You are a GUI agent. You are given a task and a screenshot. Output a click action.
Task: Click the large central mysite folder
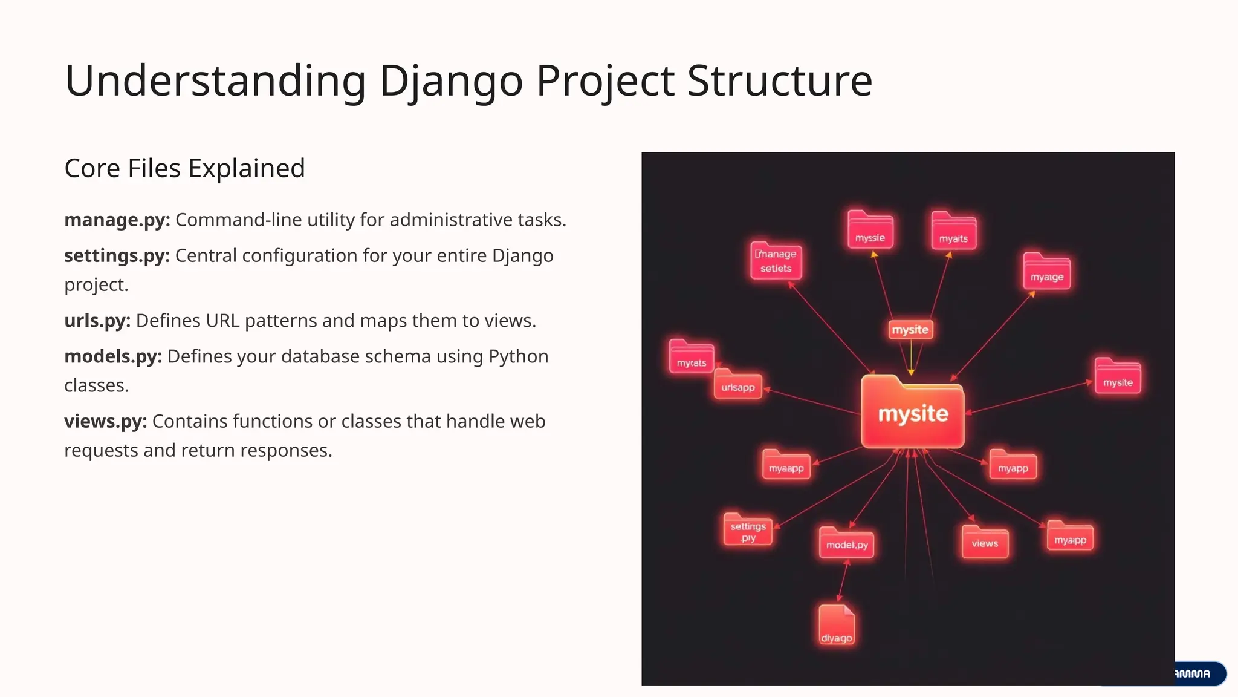coord(912,413)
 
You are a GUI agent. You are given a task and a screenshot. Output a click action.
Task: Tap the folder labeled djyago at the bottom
coord(837,626)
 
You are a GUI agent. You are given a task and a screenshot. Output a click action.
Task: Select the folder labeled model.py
coord(846,543)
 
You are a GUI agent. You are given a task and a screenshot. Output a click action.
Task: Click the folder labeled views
coord(985,542)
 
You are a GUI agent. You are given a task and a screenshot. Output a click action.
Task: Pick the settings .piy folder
coord(748,530)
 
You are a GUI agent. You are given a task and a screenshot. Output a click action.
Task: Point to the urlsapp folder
coord(737,385)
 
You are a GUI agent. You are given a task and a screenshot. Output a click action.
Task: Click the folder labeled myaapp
coord(786,465)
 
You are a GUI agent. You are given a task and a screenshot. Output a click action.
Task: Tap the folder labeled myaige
coord(1046,272)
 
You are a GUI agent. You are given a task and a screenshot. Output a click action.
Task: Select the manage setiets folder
coord(776,261)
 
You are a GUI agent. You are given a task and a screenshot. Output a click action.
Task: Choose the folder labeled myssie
coord(870,231)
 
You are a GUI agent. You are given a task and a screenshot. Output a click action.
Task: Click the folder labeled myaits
coord(953,232)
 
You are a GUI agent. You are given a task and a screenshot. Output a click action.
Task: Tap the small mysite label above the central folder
coord(910,330)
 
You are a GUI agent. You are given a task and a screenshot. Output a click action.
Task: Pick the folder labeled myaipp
coord(1070,537)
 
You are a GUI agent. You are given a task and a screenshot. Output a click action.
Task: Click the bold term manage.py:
coord(117,220)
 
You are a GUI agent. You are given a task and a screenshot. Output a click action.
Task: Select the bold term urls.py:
coord(97,321)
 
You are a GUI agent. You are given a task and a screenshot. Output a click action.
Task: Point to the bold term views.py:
coord(106,421)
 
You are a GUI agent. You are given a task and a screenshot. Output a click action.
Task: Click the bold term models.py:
coord(113,356)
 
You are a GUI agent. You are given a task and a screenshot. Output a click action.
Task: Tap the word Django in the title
coord(450,80)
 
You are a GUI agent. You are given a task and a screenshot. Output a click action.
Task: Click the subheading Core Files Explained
coord(184,168)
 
